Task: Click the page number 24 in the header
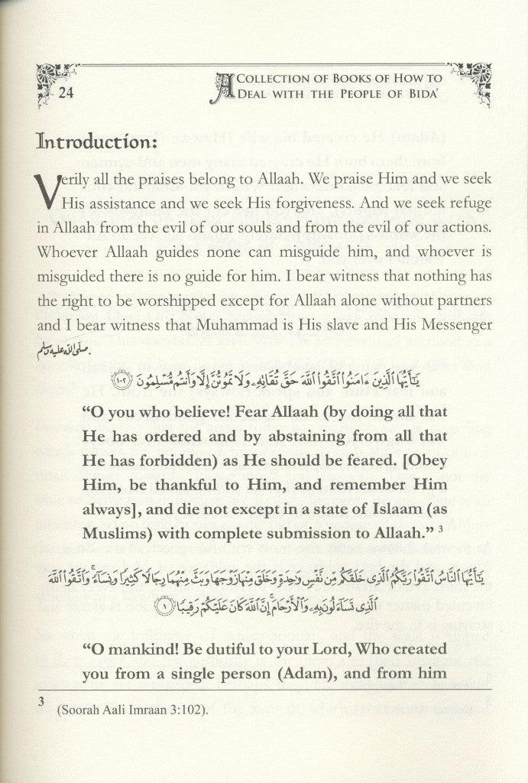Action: pyautogui.click(x=67, y=94)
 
